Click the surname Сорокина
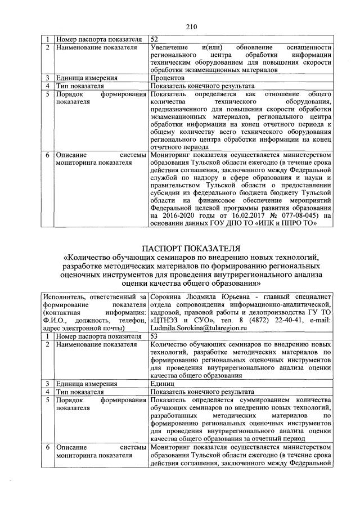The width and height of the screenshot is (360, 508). (169, 296)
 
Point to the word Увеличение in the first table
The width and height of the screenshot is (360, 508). (172, 47)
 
